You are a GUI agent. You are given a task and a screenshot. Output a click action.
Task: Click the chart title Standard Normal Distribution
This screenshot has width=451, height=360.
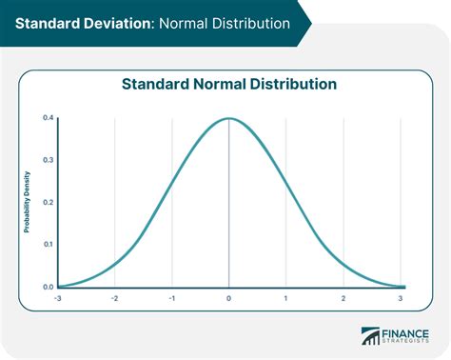pyautogui.click(x=228, y=83)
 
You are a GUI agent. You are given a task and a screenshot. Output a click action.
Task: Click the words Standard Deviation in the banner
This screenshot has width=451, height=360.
pyautogui.click(x=76, y=22)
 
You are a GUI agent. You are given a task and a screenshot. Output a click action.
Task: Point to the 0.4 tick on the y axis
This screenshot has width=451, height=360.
pyautogui.click(x=48, y=118)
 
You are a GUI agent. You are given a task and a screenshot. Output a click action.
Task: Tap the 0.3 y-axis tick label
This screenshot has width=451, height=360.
pyautogui.click(x=48, y=160)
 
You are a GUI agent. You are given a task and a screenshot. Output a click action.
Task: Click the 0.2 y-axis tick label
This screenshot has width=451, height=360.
pyautogui.click(x=48, y=202)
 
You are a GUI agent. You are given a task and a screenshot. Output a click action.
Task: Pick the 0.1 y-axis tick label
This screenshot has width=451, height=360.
pyautogui.click(x=48, y=244)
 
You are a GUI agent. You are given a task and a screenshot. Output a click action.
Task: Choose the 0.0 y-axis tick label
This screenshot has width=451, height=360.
pyautogui.click(x=48, y=286)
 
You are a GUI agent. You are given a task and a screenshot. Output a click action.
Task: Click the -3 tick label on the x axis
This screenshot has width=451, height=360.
pyautogui.click(x=58, y=299)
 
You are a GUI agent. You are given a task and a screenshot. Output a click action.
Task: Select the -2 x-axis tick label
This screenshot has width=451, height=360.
pyautogui.click(x=114, y=299)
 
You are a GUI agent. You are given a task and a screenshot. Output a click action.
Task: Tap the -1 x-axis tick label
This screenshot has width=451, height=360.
pyautogui.click(x=171, y=299)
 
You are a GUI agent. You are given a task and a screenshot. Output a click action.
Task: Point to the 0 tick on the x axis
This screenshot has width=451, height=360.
pyautogui.click(x=229, y=299)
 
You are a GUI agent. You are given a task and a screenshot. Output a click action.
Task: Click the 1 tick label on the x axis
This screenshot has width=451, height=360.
pyautogui.click(x=286, y=299)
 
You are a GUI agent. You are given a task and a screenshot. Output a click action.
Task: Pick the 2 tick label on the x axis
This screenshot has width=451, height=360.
pyautogui.click(x=343, y=299)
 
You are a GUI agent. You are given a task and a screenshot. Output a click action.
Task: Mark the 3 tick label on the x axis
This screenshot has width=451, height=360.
pyautogui.click(x=401, y=299)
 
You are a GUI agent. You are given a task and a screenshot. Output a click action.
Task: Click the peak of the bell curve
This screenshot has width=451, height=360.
pyautogui.click(x=229, y=119)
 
